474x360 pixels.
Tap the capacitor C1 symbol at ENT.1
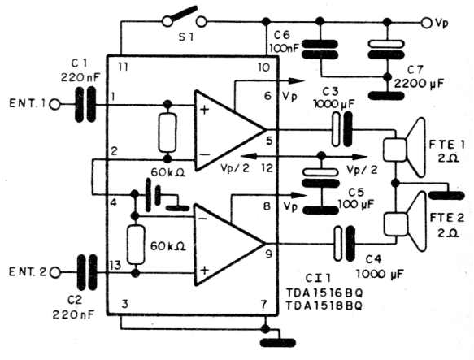85,105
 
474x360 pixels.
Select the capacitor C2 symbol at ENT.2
87,273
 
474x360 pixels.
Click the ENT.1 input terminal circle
55,105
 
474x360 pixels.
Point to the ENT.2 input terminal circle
55,273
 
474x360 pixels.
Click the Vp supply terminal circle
426,23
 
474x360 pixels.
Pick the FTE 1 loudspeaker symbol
405,148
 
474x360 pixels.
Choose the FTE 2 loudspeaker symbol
405,222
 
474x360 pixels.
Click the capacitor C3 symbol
342,129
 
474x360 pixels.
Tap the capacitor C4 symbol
344,244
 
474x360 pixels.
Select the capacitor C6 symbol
320,50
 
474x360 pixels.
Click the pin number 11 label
123,67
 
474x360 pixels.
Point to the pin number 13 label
115,266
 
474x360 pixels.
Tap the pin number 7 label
264,305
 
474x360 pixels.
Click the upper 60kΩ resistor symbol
167,132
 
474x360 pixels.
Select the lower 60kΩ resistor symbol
136,245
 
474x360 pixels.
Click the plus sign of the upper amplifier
205,110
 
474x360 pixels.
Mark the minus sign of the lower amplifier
202,219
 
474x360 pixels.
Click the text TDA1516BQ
324,293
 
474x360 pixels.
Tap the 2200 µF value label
419,84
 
